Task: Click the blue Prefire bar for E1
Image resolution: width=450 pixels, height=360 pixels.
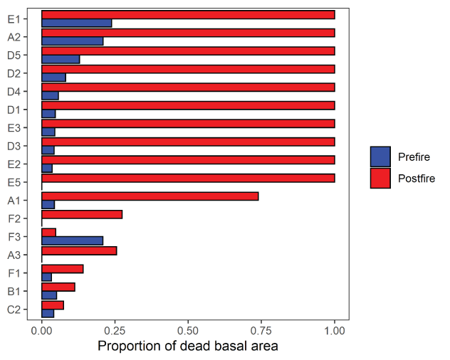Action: pyautogui.click(x=77, y=23)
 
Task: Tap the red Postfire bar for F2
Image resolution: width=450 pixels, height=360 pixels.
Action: pyautogui.click(x=82, y=214)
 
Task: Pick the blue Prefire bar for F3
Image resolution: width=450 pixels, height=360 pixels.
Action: pyautogui.click(x=73, y=240)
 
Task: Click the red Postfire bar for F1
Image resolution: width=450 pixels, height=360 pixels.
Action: pyautogui.click(x=63, y=269)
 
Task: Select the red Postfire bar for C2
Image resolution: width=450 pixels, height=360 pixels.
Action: pyautogui.click(x=53, y=305)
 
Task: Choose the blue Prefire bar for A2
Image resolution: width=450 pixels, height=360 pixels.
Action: pyautogui.click(x=73, y=41)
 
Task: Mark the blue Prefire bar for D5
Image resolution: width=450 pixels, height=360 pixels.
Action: pyautogui.click(x=61, y=59)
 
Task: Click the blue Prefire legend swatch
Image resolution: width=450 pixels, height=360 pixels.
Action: pyautogui.click(x=381, y=157)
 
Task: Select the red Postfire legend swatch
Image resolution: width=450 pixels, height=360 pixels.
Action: pyautogui.click(x=381, y=178)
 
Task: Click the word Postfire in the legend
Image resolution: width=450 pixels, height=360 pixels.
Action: pyautogui.click(x=417, y=178)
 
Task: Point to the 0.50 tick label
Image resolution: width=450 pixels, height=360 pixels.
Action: pyautogui.click(x=188, y=331)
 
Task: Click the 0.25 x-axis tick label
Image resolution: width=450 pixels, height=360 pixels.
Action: pyautogui.click(x=115, y=331)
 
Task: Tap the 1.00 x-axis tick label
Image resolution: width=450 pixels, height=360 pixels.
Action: pyautogui.click(x=335, y=331)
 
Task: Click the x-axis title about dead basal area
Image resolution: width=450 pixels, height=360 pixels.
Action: pyautogui.click(x=187, y=346)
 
